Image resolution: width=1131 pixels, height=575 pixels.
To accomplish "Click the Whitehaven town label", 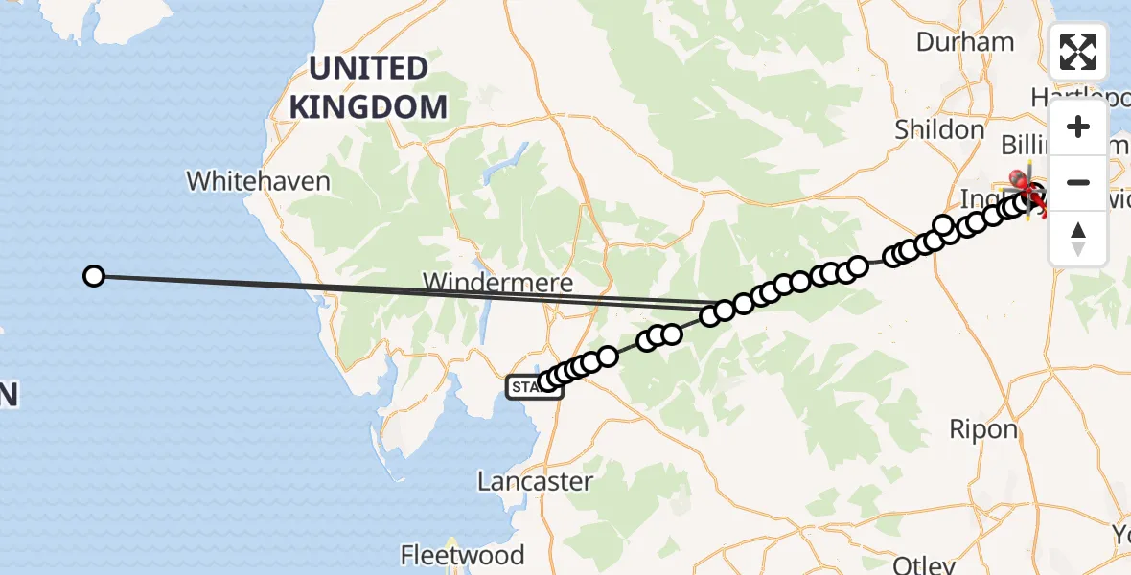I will point(258,180).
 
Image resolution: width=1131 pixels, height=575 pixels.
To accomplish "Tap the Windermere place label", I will point(498,283).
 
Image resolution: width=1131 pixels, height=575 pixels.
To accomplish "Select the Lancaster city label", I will point(535,481).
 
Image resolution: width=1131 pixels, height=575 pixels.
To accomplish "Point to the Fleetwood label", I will point(463,555).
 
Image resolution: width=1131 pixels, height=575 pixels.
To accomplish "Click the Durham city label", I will point(964,42).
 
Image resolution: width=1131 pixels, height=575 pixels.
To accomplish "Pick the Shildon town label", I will point(939,129).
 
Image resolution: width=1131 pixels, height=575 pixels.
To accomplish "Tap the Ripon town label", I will point(982,428).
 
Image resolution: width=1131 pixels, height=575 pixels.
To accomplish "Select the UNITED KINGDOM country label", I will point(368,87).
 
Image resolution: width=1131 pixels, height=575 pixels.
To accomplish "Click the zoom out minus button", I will point(1078,182).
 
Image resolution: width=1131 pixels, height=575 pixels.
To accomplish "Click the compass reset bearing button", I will point(1078,237).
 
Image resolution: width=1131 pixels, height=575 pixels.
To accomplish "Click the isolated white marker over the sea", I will point(93,276).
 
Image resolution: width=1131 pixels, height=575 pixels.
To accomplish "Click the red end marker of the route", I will point(1019,178).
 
